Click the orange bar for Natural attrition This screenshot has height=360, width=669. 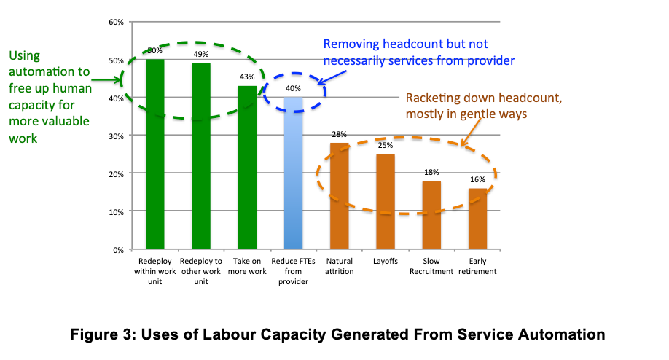[x=340, y=196]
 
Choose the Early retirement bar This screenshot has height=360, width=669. [x=477, y=219]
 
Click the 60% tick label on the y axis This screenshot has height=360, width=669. [x=116, y=22]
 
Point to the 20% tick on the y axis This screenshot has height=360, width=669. [x=116, y=173]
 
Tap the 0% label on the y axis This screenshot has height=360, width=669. [x=118, y=249]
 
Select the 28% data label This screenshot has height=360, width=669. [x=340, y=135]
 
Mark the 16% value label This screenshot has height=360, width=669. [x=477, y=180]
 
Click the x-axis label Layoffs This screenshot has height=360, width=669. [x=386, y=262]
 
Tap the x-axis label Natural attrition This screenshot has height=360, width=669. [x=340, y=266]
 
